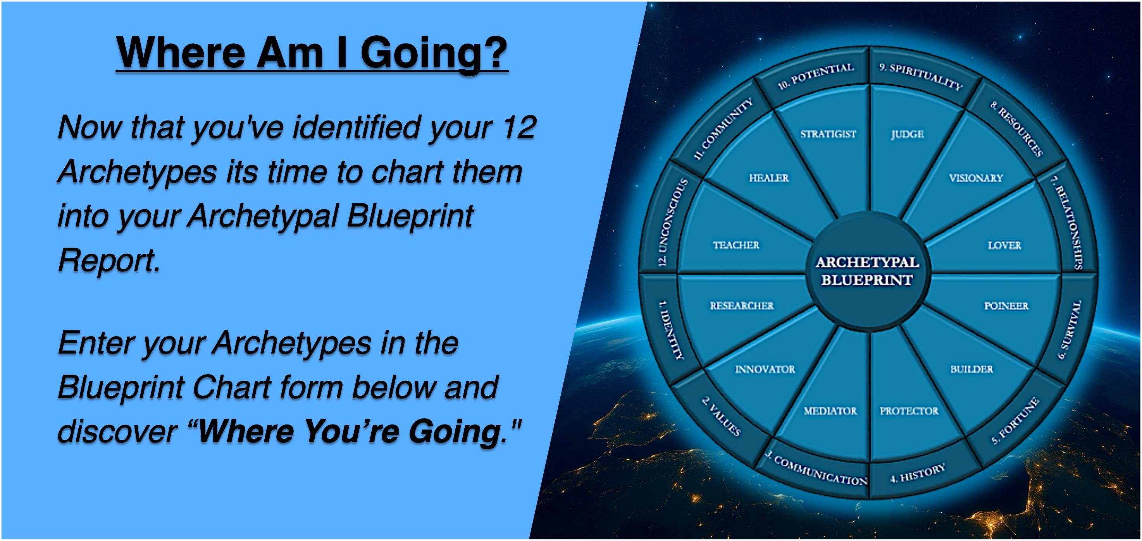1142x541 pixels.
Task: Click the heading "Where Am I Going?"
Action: click(x=312, y=53)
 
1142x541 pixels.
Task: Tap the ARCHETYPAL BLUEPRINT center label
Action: click(x=867, y=271)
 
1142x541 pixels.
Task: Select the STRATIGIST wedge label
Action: click(x=828, y=134)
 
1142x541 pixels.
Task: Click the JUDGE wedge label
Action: click(x=908, y=134)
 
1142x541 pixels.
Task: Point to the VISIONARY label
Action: click(x=976, y=178)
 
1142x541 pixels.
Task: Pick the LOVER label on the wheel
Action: click(x=1004, y=245)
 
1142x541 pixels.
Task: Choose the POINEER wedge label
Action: click(x=1006, y=306)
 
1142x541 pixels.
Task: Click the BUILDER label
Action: click(x=972, y=369)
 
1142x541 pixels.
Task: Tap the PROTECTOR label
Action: click(x=909, y=411)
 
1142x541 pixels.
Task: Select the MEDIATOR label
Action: click(x=830, y=411)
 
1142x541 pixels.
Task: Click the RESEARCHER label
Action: click(x=742, y=306)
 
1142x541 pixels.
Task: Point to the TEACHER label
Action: click(x=736, y=245)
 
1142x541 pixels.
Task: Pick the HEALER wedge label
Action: click(x=769, y=178)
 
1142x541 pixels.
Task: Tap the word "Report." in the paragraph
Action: click(x=109, y=260)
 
